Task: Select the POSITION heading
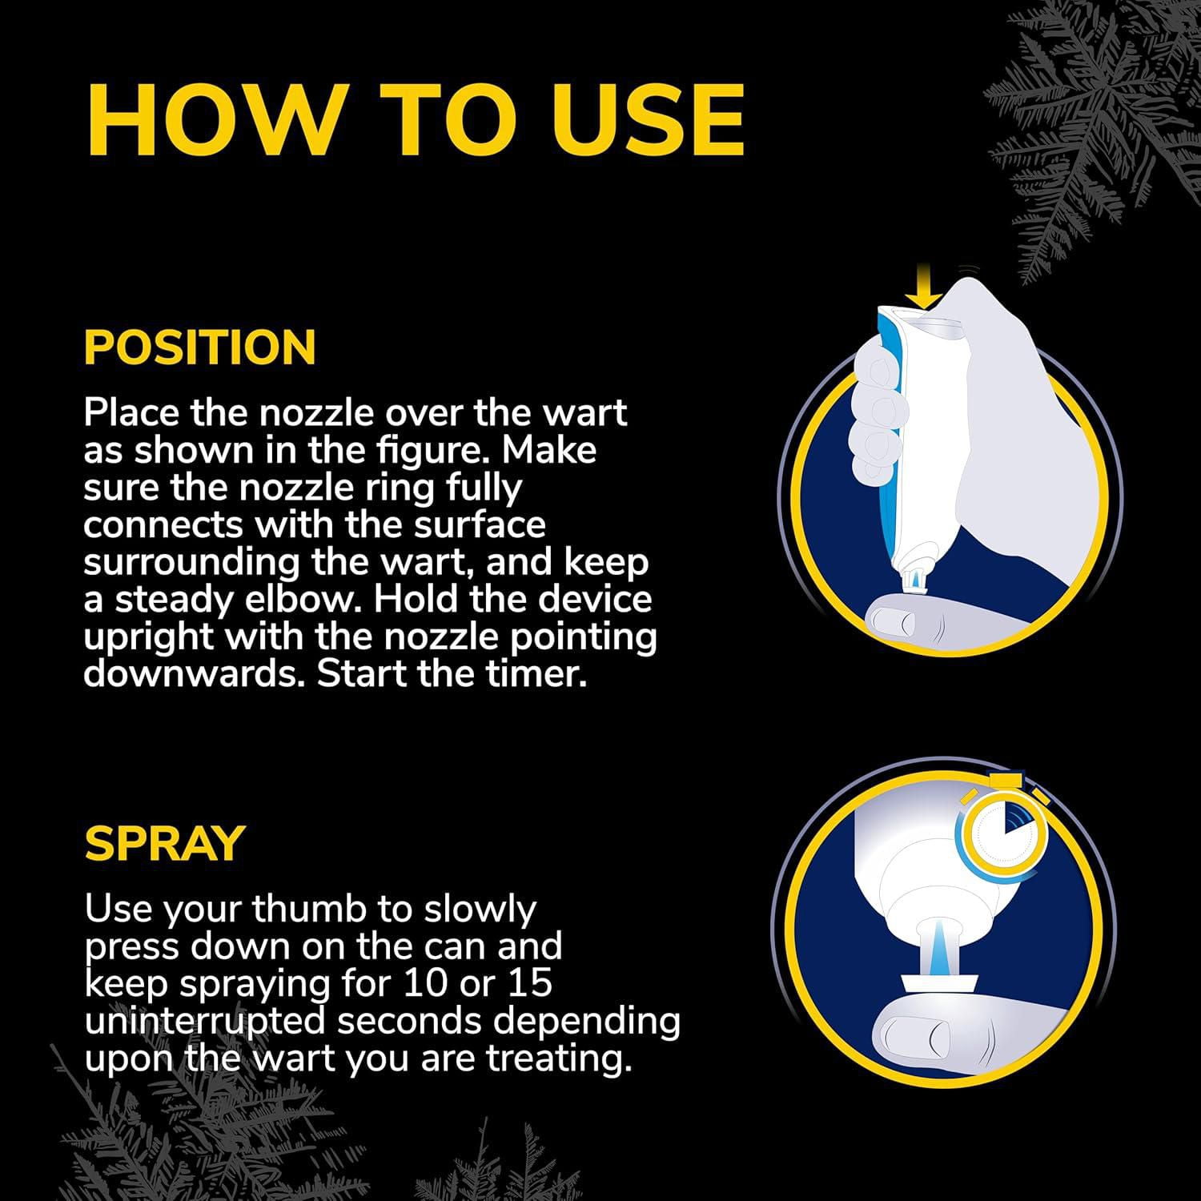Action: pyautogui.click(x=200, y=347)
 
